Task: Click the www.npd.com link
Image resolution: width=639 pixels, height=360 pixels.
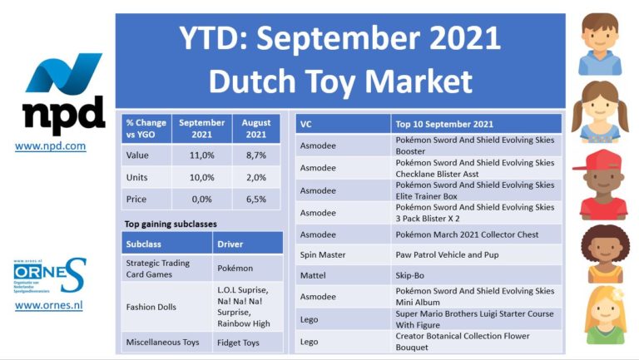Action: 50,145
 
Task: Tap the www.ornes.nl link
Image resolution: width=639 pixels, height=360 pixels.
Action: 48,305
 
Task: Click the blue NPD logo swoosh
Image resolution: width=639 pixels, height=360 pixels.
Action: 63,72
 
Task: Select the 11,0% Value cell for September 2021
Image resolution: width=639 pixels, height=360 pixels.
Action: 201,155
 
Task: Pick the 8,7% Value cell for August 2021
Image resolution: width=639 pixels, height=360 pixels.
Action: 256,155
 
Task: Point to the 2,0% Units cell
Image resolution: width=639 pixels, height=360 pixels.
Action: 256,177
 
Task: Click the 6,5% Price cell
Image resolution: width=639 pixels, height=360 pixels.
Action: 256,200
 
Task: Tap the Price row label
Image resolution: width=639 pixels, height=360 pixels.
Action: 136,200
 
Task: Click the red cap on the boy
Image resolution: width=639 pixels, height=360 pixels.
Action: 597,160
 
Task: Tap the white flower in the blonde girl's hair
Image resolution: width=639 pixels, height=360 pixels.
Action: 618,293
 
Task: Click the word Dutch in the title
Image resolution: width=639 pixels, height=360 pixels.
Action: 252,81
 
